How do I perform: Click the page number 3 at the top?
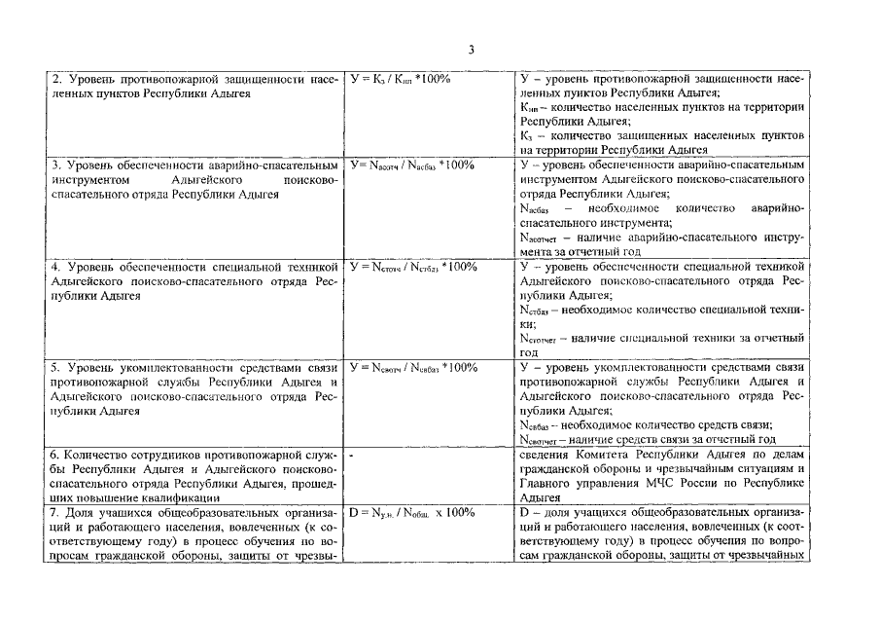pyautogui.click(x=470, y=50)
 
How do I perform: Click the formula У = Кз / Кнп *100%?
pyautogui.click(x=399, y=77)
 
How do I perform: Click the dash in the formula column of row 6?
pyautogui.click(x=350, y=455)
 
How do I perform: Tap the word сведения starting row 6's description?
pyautogui.click(x=545, y=455)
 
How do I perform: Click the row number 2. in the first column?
pyautogui.click(x=56, y=77)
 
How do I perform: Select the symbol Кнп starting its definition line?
pyautogui.click(x=531, y=107)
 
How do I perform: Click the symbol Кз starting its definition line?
pyautogui.click(x=528, y=136)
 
